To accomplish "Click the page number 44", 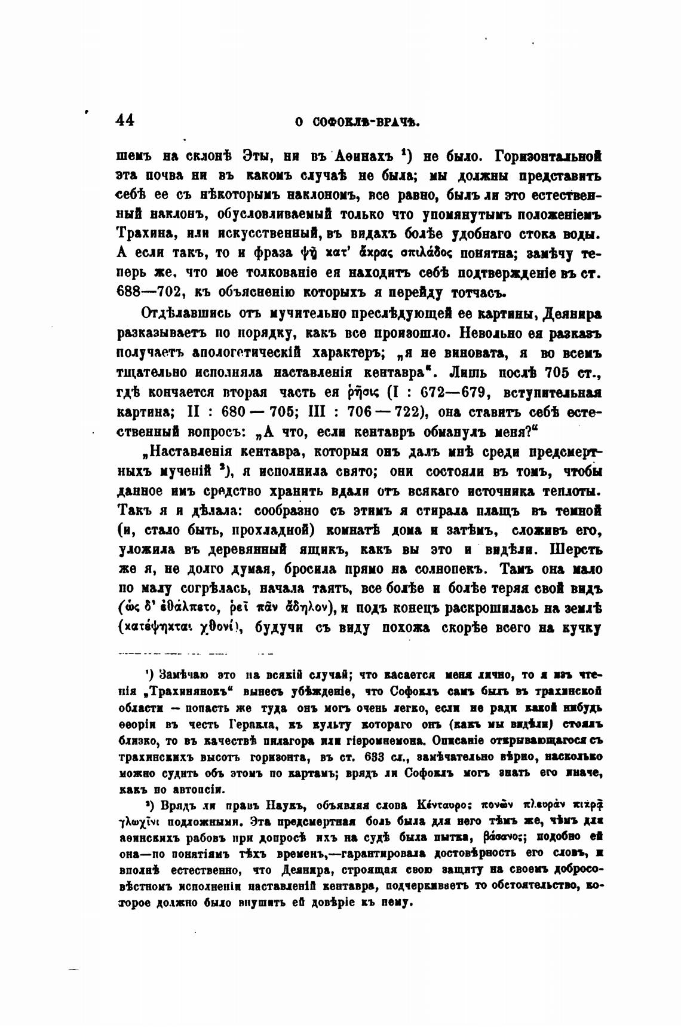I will (x=125, y=120).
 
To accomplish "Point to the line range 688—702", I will (x=151, y=292).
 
